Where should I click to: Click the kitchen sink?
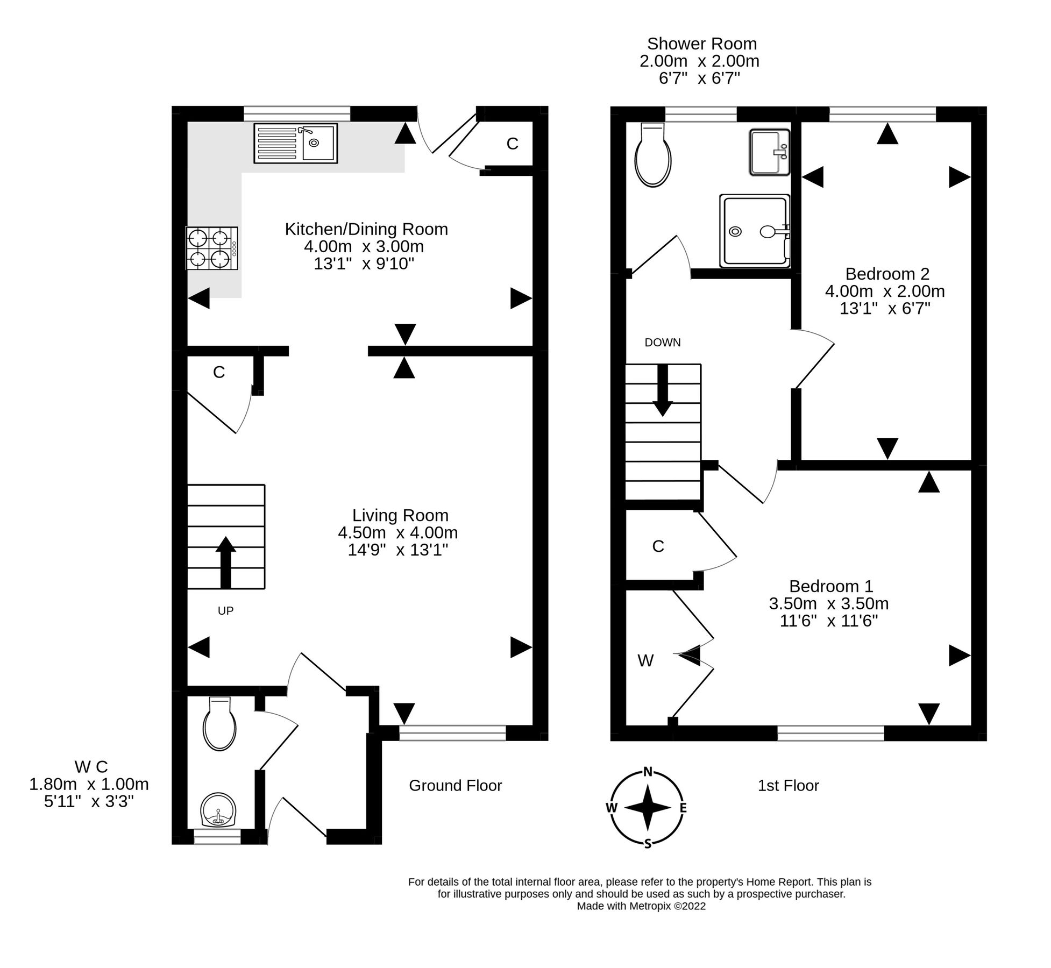pyautogui.click(x=295, y=143)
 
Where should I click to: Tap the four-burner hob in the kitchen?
pyautogui.click(x=211, y=248)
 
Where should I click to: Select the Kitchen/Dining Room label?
pyautogui.click(x=366, y=229)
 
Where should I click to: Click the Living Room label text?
pyautogui.click(x=400, y=515)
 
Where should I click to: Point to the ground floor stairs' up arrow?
pyautogui.click(x=226, y=562)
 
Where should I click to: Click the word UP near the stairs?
pyautogui.click(x=225, y=611)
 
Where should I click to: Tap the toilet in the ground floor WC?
pyautogui.click(x=219, y=724)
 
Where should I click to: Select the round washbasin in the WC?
pyautogui.click(x=218, y=810)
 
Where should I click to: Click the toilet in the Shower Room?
pyautogui.click(x=653, y=156)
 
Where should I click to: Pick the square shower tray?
pyautogui.click(x=754, y=231)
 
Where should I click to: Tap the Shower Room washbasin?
pyautogui.click(x=769, y=152)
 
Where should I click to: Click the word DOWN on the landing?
pyautogui.click(x=662, y=343)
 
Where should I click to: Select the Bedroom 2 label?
pyautogui.click(x=887, y=274)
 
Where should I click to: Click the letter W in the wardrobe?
pyautogui.click(x=645, y=660)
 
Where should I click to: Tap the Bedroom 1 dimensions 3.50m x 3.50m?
pyautogui.click(x=828, y=603)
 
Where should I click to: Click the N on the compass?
pyautogui.click(x=648, y=772)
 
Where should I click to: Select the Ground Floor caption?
pyautogui.click(x=455, y=786)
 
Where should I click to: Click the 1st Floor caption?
pyautogui.click(x=788, y=786)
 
